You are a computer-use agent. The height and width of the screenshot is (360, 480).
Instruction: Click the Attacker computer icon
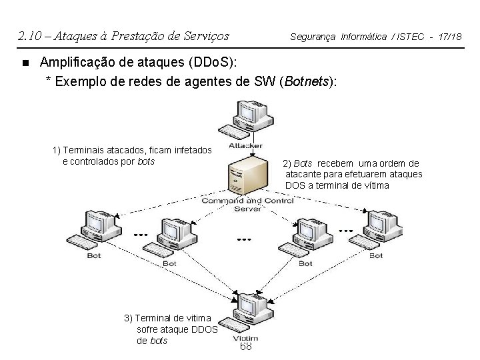point(247,119)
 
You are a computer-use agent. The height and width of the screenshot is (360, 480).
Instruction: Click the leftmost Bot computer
point(97,231)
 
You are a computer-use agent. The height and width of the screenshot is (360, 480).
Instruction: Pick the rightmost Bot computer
point(380,230)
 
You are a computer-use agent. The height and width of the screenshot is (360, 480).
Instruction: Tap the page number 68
point(246,347)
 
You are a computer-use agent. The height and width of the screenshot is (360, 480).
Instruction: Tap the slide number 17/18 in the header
point(449,36)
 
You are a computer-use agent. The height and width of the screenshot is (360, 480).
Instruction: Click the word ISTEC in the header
point(409,36)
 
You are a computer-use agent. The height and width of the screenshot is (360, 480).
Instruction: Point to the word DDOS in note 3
point(204,329)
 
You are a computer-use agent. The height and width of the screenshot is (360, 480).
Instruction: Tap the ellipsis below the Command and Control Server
point(244,239)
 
